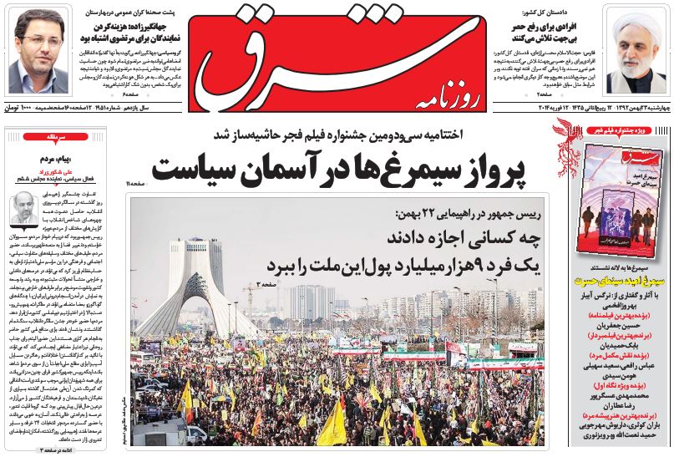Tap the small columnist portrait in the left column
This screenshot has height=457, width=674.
point(24,209)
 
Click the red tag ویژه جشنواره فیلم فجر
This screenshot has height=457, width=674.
point(622,130)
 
